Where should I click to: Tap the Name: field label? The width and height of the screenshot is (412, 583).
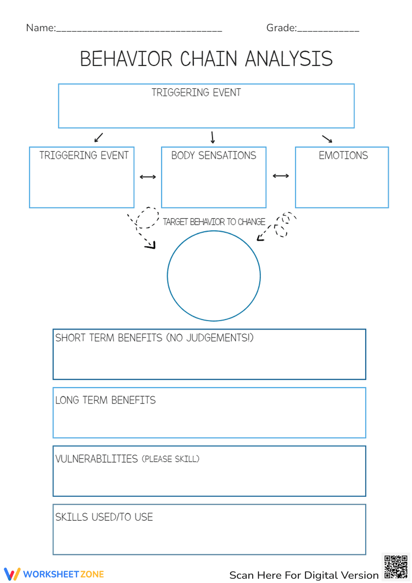41,28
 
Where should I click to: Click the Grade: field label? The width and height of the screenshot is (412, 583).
281,28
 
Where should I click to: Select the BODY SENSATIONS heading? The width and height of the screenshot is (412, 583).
213,155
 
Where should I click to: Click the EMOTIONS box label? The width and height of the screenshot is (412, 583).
343,155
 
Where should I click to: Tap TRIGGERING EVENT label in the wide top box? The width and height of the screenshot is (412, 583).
196,92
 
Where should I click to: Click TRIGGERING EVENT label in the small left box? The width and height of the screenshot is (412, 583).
84,155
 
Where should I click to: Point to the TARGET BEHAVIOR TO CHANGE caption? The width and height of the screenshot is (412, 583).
214,222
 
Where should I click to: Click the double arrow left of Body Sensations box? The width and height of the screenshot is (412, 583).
147,177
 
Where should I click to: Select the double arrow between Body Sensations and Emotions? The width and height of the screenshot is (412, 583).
281,176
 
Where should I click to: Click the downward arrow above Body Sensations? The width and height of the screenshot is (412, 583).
213,137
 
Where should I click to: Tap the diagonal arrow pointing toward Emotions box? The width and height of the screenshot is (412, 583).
327,139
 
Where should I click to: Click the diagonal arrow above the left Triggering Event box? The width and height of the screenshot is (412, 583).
98,137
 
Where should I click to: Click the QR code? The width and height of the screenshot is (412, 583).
396,567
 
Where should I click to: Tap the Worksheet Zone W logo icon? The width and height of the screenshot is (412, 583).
12,574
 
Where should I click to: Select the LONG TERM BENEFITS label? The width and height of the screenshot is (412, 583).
105,400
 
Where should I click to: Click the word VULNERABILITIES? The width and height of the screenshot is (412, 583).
96,459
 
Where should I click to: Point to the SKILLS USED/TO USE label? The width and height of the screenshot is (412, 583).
104,517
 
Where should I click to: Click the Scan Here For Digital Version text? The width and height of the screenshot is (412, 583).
304,575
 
